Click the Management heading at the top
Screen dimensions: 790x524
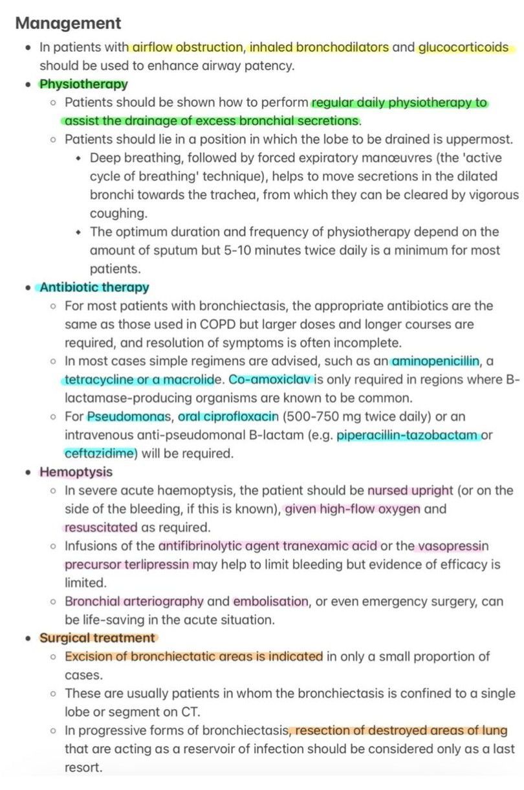pos(68,24)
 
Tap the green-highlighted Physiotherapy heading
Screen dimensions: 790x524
pos(83,84)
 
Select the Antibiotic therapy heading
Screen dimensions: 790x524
pos(94,288)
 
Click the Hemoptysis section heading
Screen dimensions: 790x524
pos(76,472)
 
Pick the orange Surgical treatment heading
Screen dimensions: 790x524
pos(97,638)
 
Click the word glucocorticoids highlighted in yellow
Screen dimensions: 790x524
pos(463,47)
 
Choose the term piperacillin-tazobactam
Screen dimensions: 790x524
pos(407,435)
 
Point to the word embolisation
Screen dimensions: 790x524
pos(270,602)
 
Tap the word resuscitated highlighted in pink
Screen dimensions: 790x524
pos(101,527)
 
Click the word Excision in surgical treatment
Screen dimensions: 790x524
pos(86,657)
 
